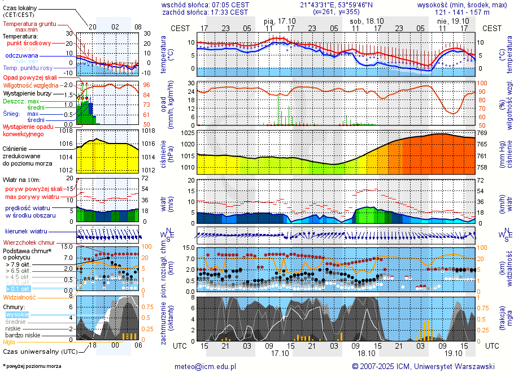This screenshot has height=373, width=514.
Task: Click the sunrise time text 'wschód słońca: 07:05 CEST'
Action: tap(204, 5)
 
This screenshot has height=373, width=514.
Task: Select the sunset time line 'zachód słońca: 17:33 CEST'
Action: tap(204, 12)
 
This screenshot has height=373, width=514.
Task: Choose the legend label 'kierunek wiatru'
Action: tap(26, 232)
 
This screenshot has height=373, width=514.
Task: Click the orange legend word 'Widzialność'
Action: tap(19, 297)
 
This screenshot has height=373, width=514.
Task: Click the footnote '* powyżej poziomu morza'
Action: tap(32, 366)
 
